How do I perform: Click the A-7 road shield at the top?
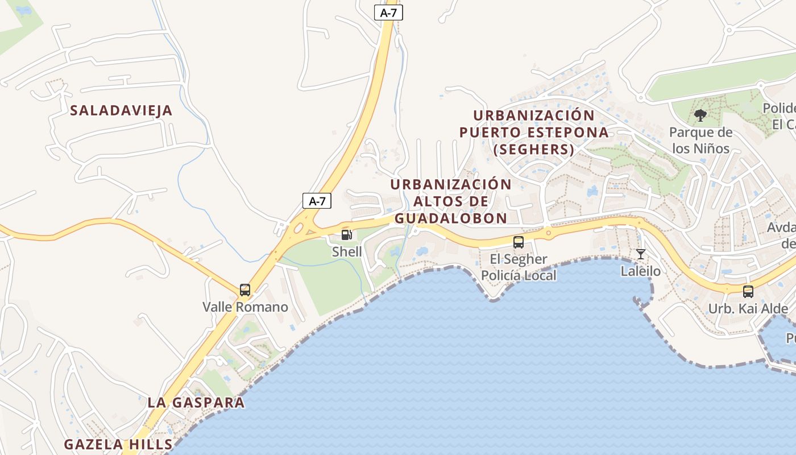click(388, 13)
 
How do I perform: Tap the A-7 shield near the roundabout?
click(317, 200)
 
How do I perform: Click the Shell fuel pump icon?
click(346, 235)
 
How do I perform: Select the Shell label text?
click(347, 251)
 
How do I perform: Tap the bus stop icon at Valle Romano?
click(245, 290)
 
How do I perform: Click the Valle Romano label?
click(246, 307)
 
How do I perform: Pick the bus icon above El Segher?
click(519, 242)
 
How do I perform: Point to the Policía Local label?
click(519, 276)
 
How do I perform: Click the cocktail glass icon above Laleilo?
click(641, 254)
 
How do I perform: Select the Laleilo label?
click(641, 271)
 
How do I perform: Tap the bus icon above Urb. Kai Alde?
click(748, 292)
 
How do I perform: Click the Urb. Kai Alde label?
click(748, 309)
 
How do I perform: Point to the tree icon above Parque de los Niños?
click(700, 115)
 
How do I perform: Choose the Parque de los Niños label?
click(700, 140)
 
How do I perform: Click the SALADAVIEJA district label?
click(121, 110)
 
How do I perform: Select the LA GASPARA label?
click(196, 402)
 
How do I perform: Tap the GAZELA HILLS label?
click(118, 444)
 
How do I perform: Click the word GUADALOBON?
click(451, 218)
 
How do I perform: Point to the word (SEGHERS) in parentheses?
click(534, 150)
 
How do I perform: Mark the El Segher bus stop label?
click(519, 259)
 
